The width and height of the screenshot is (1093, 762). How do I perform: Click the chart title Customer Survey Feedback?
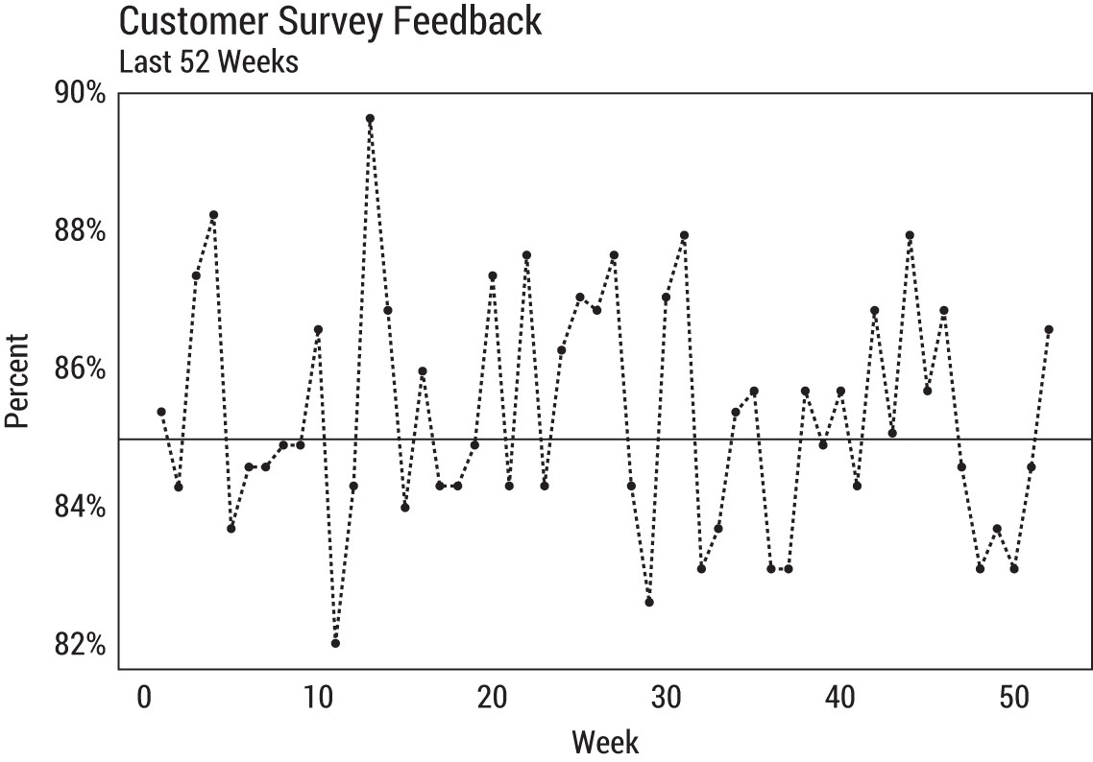329,21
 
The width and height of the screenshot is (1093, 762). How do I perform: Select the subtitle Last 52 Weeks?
208,62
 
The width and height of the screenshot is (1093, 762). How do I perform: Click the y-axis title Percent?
18,380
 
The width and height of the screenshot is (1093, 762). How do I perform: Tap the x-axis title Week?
605,742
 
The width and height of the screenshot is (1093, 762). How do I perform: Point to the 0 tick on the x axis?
144,698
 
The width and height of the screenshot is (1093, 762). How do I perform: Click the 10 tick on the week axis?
318,698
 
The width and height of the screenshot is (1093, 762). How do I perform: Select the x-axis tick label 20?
492,698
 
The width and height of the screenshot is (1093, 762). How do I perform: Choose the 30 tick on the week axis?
666,698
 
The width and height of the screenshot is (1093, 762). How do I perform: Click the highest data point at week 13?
370,118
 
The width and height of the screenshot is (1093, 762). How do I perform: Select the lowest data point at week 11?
335,643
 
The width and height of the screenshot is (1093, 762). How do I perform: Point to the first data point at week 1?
161,412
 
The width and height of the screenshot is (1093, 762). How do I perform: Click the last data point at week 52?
1049,329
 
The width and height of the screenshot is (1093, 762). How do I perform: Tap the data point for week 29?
649,602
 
